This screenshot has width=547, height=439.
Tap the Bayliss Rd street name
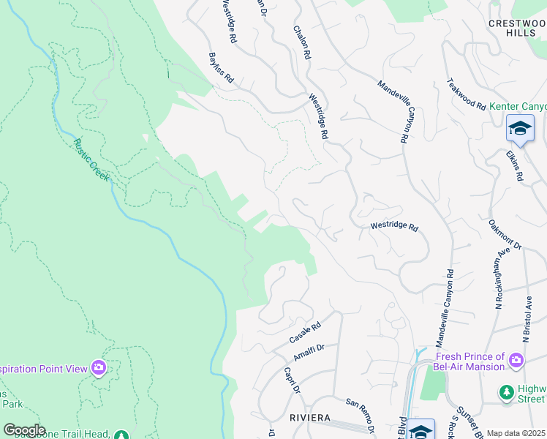coord(220,67)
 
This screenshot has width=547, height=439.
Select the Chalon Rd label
coord(302,42)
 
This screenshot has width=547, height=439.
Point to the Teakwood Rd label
coord(466,94)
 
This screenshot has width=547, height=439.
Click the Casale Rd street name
coord(305,334)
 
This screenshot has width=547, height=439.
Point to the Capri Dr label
coord(292,380)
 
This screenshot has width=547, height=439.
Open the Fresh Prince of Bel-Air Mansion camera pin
coord(516,359)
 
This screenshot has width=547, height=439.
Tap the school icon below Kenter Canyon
coord(520,128)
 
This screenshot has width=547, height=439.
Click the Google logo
coord(23,430)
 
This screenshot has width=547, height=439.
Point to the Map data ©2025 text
coord(516,433)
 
